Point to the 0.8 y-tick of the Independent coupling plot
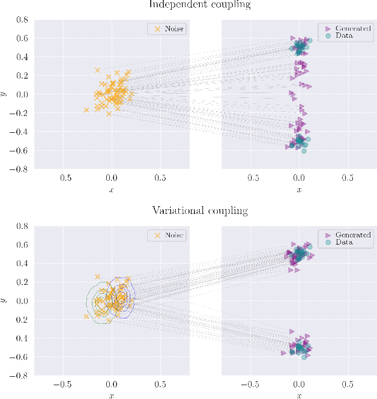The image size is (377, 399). (x=22, y=20)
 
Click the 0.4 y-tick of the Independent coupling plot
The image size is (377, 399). (x=22, y=57)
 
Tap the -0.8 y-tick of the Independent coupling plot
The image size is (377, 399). (x=20, y=169)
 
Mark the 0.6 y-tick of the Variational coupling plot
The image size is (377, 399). (x=22, y=245)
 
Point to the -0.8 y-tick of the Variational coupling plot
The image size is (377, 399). (x=20, y=376)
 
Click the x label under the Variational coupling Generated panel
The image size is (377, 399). (x=299, y=395)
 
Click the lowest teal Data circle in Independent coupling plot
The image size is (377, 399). (x=304, y=151)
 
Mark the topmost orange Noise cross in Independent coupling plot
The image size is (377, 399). (x=97, y=70)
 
